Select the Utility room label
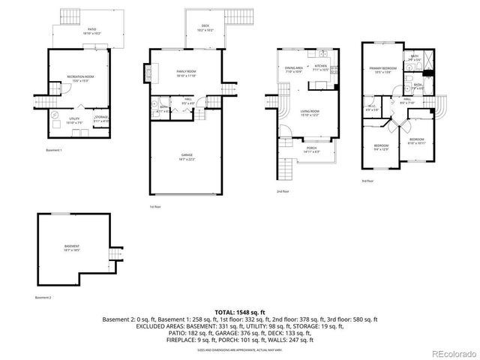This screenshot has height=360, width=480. point(74,120)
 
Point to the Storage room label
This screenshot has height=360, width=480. point(101,118)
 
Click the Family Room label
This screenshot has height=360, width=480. point(186,73)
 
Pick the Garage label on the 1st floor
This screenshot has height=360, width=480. point(186,157)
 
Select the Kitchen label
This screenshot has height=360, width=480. point(321,69)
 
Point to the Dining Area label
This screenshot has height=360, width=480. point(293,69)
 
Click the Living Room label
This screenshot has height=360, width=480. point(311,113)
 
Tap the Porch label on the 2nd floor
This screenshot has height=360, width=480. point(311,150)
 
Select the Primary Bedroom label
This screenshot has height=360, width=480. point(383,70)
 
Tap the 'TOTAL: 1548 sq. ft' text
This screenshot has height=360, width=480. point(240,310)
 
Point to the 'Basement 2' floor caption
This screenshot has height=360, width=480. point(44,298)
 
